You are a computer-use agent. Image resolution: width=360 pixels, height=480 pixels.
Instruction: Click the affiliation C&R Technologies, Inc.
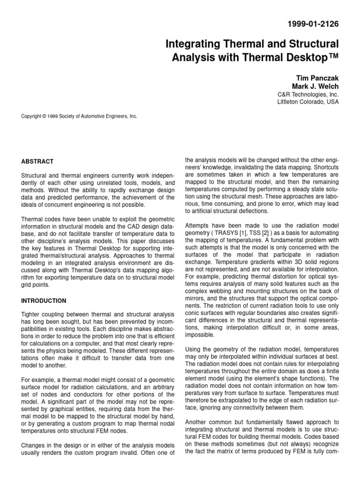308,94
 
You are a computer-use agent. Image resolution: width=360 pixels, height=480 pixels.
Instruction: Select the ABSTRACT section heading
37,161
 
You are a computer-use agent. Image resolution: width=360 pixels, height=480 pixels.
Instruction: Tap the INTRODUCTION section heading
44,300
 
